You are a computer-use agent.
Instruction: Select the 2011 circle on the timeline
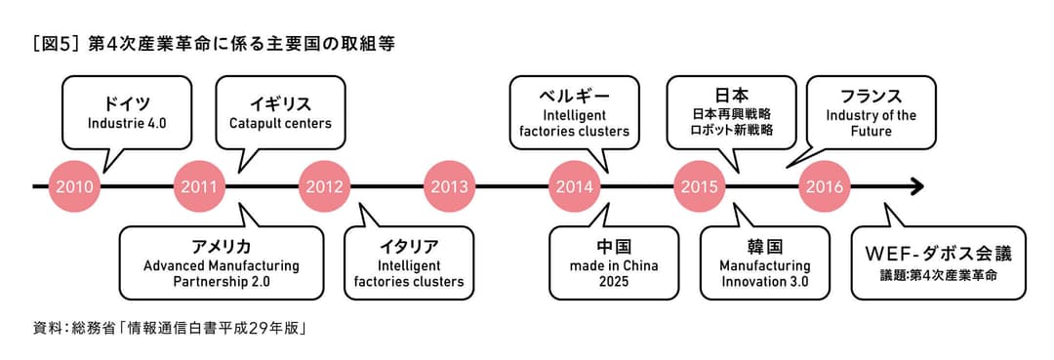(x=199, y=185)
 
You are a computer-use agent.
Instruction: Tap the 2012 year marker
(x=324, y=185)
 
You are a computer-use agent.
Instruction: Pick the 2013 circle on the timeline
(x=449, y=185)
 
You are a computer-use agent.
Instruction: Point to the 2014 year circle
(x=574, y=185)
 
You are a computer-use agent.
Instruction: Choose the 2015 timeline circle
(x=699, y=185)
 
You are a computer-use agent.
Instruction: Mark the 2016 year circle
(x=824, y=185)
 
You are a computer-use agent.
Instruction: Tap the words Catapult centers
(x=280, y=124)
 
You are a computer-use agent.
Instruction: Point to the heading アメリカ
(x=221, y=245)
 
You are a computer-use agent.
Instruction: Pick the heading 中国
(x=614, y=245)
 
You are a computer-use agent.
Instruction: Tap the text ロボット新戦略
(x=732, y=130)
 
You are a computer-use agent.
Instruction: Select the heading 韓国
(x=765, y=245)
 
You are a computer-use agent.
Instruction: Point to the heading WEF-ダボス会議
(x=938, y=254)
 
